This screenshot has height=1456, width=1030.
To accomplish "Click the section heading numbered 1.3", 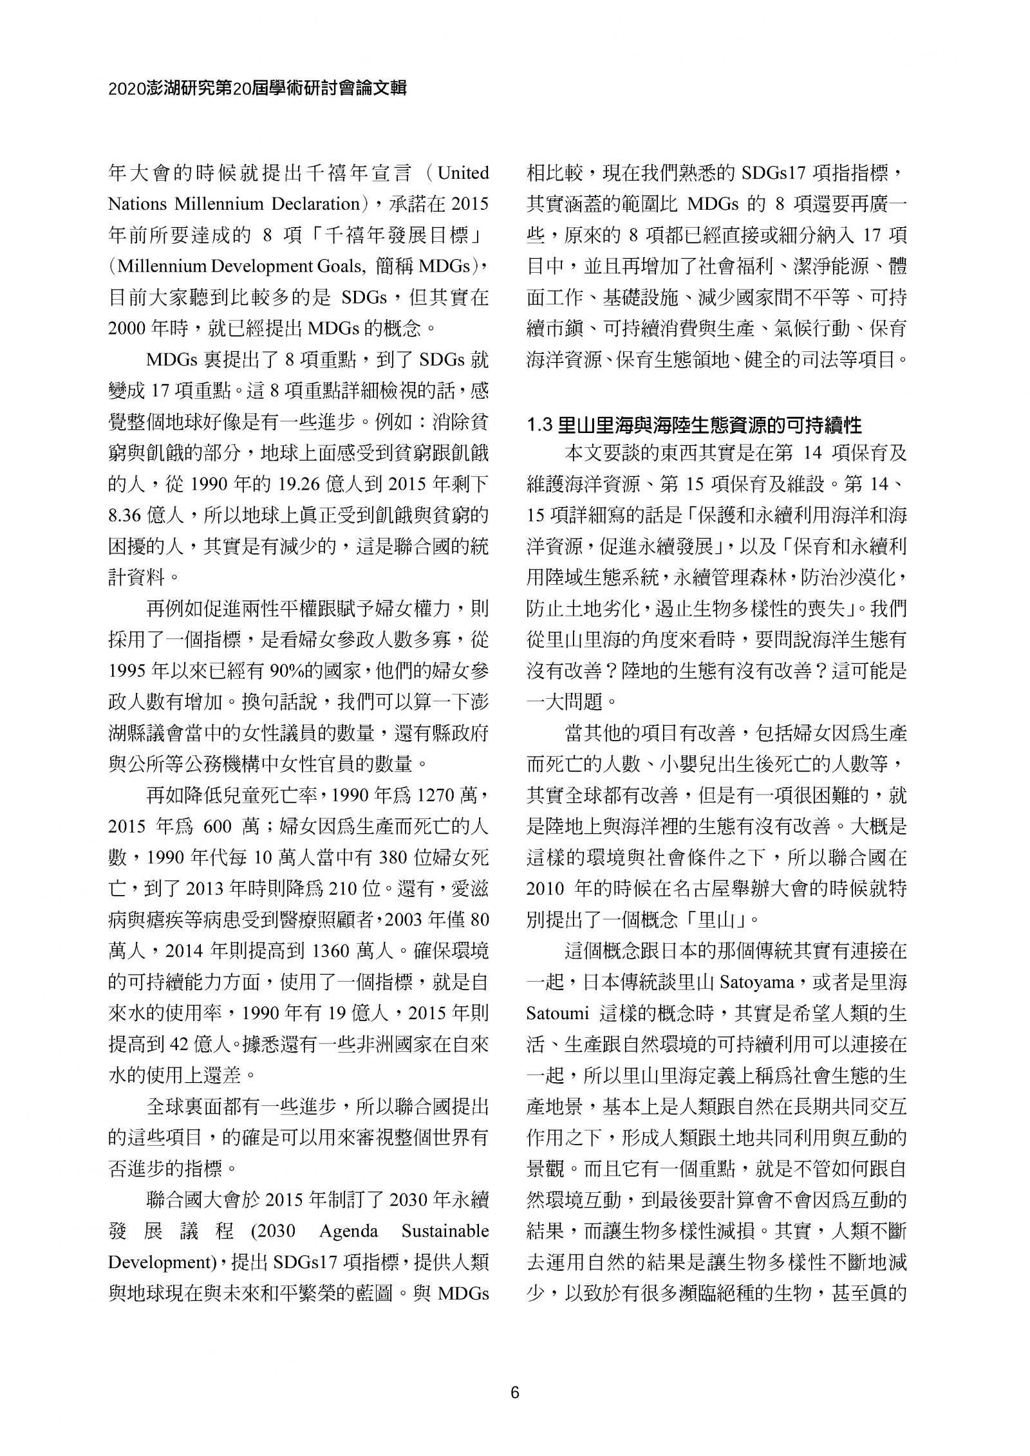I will coord(694,425).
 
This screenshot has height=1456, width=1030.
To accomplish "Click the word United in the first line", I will coord(463,173).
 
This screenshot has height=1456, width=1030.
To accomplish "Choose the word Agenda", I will coord(348,1231).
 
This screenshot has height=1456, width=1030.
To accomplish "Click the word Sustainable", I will coord(445,1231).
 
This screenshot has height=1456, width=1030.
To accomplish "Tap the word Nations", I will coord(133,204).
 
